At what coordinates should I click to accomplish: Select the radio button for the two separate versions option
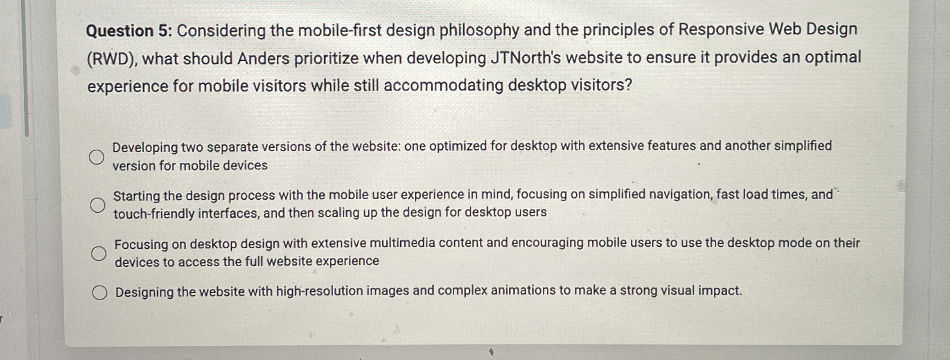pyautogui.click(x=97, y=157)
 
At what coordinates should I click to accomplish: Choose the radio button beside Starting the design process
pyautogui.click(x=97, y=205)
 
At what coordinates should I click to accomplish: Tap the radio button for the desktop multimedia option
pyautogui.click(x=99, y=253)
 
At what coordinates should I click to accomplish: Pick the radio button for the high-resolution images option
pyautogui.click(x=99, y=293)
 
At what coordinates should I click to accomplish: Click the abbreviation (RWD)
pyautogui.click(x=112, y=60)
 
